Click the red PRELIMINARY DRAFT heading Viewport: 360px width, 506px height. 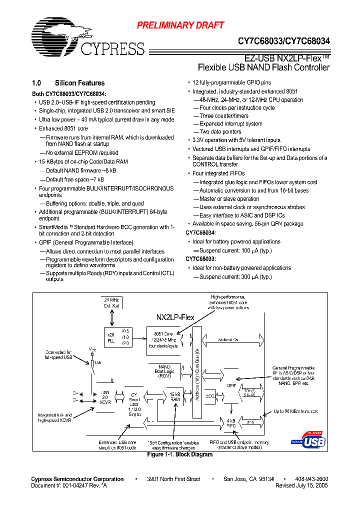(180, 25)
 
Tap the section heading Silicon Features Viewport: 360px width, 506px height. (79, 83)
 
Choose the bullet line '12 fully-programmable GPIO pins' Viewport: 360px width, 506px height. (232, 83)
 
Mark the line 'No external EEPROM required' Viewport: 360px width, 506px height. (82, 153)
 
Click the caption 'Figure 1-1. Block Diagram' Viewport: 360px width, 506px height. (179, 454)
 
